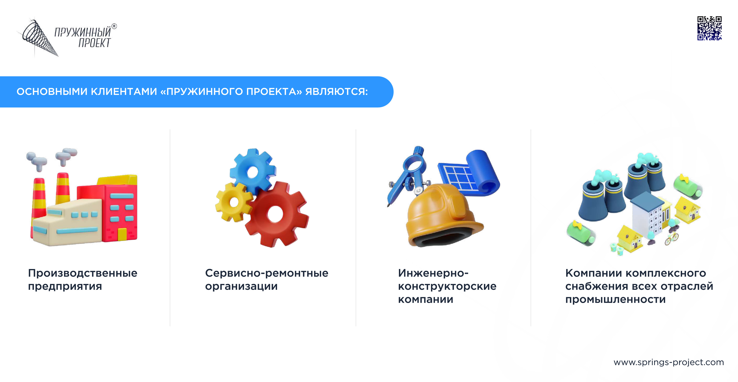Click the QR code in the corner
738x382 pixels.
point(709,28)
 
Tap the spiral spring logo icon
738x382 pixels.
point(38,38)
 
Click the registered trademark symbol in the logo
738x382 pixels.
point(114,26)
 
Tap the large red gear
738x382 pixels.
point(277,214)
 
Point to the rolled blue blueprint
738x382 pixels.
point(470,173)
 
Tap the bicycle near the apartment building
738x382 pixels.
point(671,238)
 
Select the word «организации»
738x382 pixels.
point(241,286)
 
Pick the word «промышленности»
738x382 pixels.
point(615,300)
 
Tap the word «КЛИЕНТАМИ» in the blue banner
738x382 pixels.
point(124,92)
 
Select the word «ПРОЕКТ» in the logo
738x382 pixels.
point(94,43)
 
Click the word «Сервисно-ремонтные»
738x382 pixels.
point(266,273)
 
